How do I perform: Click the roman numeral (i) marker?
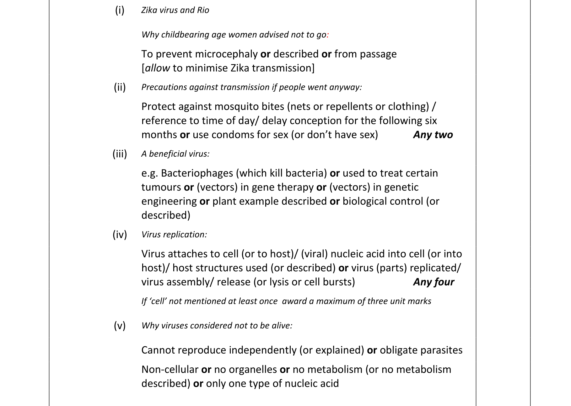tap(120, 10)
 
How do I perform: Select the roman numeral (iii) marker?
tap(120, 154)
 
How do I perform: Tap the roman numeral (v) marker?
tap(120, 326)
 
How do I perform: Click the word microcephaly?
tap(226, 54)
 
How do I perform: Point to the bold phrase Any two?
tap(433, 135)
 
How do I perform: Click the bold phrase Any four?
tap(434, 282)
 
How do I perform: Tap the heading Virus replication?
tap(174, 235)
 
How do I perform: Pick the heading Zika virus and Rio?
tap(175, 10)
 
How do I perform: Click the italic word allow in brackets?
tap(157, 68)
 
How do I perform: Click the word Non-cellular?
tap(170, 370)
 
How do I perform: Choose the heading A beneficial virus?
tap(175, 154)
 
